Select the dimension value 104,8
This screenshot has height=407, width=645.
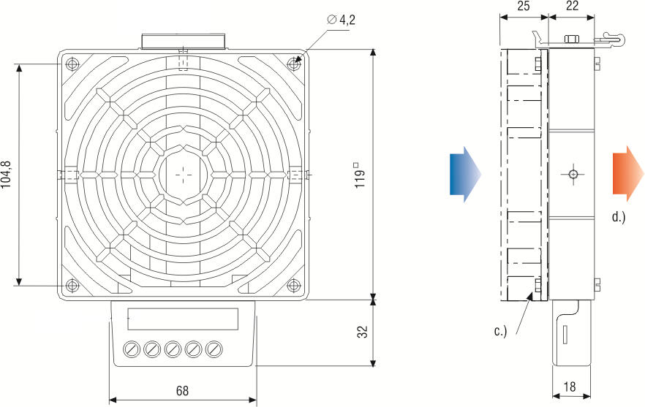pos(7,174)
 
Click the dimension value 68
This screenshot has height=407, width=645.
pos(181,391)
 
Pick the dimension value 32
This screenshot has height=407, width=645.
pos(361,332)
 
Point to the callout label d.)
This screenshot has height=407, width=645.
pos(618,216)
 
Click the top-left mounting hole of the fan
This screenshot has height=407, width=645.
pos(71,64)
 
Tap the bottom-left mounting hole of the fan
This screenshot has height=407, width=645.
pos(71,285)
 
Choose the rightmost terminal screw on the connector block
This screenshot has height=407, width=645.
pos(213,349)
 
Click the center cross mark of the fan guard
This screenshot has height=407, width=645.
pos(182,175)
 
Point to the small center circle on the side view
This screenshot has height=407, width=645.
pos(573,174)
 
